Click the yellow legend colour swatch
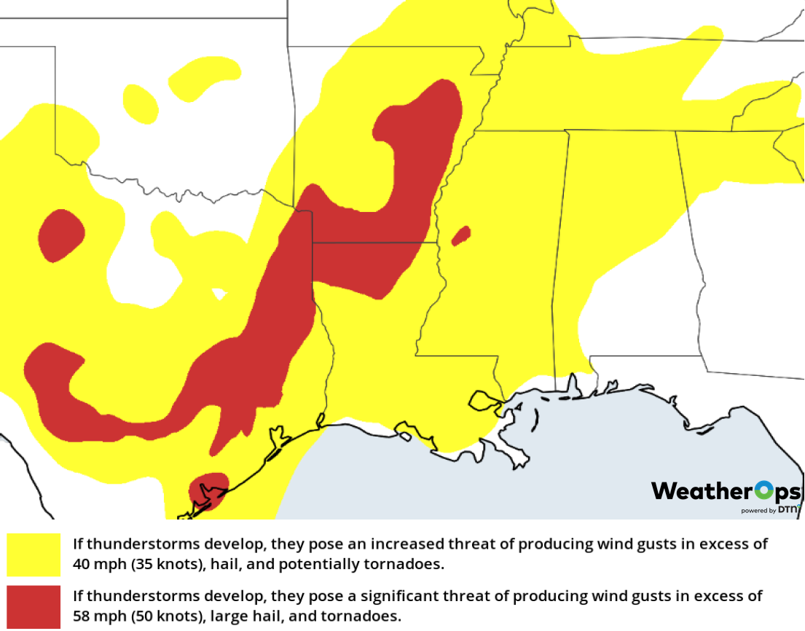pos(34,554)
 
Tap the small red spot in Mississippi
pos(461,235)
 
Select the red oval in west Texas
pos(60,235)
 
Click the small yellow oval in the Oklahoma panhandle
pos(140,103)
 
